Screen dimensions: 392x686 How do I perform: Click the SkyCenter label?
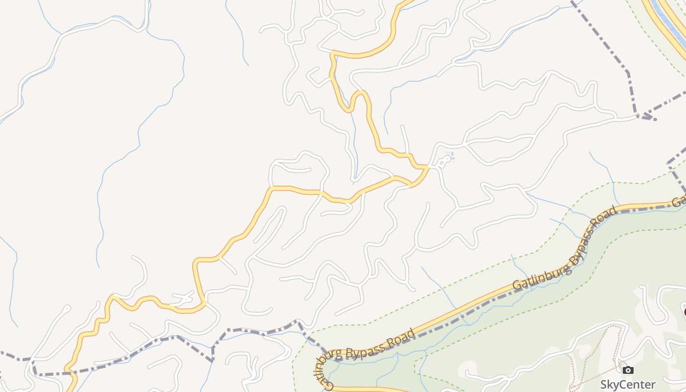point(628,384)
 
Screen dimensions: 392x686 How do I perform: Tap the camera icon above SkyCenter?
point(628,370)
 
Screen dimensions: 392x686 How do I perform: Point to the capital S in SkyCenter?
point(604,385)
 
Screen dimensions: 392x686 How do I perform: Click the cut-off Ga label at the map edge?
point(679,201)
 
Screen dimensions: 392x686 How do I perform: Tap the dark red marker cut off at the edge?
point(684,312)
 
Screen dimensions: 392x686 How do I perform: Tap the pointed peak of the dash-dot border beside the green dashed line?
point(296,321)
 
